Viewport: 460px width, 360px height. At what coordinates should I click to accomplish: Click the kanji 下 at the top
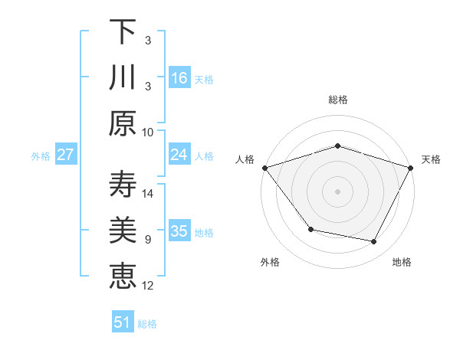point(123,32)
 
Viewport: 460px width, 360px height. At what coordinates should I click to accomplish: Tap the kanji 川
point(123,77)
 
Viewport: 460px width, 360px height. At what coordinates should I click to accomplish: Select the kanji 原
point(123,123)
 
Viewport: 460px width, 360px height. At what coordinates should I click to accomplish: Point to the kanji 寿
point(123,185)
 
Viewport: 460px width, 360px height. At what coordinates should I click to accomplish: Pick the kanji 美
point(123,231)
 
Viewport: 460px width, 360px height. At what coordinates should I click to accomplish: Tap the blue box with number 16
point(179,78)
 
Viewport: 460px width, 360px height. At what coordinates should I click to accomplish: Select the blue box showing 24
point(179,155)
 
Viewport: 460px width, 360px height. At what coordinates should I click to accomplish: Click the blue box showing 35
point(179,231)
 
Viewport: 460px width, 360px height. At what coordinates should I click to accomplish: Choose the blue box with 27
point(65,155)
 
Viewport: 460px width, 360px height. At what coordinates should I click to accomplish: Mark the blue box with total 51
point(123,322)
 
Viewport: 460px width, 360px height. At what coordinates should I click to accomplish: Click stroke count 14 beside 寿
point(149,194)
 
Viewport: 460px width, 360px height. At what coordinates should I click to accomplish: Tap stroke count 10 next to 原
point(148,132)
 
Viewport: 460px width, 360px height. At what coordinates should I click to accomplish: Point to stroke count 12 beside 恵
point(149,286)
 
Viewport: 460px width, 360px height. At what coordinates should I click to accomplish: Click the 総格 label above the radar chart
point(338,100)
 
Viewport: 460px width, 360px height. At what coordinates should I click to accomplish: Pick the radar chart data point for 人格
point(264,168)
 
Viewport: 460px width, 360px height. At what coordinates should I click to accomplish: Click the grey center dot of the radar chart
point(338,191)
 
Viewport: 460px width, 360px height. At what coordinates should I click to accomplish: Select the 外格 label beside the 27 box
point(41,156)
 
